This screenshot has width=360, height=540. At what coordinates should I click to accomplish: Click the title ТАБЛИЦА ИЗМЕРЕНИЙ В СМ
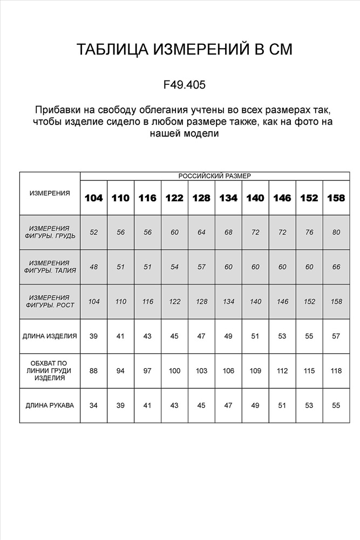point(184,50)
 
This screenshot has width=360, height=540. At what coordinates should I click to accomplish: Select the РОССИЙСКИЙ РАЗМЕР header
point(214,176)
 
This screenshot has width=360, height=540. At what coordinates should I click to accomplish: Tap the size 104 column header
point(94,198)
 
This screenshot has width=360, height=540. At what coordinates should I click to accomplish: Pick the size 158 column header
point(336,198)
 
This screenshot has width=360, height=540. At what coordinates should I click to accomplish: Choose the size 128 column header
point(201,198)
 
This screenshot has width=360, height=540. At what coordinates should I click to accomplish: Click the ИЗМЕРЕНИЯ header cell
point(50,193)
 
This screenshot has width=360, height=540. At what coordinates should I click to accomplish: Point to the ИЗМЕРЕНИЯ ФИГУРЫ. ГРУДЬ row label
point(50,232)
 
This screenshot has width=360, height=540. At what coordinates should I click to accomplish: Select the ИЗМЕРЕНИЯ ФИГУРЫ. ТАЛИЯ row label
point(50,267)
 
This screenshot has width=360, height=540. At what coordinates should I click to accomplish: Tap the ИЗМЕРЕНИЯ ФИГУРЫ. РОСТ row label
point(50,301)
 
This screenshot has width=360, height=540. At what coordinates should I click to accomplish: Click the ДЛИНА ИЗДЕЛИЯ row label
point(50,336)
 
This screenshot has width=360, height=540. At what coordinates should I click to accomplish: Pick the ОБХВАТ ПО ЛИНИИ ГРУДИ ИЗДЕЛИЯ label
point(50,370)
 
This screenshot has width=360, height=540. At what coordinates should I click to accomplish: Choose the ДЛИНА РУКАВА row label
point(50,405)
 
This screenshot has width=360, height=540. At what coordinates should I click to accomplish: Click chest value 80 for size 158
point(336,232)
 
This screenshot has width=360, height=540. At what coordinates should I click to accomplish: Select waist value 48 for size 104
point(94,267)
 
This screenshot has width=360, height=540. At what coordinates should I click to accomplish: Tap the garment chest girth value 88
point(94,371)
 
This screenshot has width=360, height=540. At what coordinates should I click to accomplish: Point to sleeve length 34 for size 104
point(94,405)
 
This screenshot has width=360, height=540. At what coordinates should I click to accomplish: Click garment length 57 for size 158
point(336,336)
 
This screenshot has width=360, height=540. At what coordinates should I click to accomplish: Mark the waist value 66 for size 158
point(336,267)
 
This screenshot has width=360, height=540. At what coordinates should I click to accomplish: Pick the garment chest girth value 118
point(336,371)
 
